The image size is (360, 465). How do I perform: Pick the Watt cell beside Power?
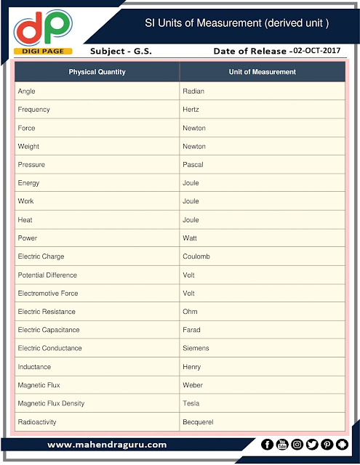click(x=189, y=238)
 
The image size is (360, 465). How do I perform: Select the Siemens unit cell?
click(x=195, y=348)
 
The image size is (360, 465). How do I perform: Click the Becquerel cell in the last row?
click(x=198, y=422)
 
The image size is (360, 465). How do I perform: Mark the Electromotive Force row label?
click(x=48, y=294)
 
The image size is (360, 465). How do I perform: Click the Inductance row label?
click(x=34, y=367)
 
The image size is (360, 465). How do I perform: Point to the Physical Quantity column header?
click(x=97, y=72)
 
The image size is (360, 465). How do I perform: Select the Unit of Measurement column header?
click(x=262, y=72)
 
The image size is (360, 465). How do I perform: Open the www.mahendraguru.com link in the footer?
click(x=107, y=445)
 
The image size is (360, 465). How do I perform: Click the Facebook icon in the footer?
click(x=267, y=445)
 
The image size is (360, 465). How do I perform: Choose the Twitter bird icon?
click(x=312, y=445)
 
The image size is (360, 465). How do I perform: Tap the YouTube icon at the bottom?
click(x=282, y=445)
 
